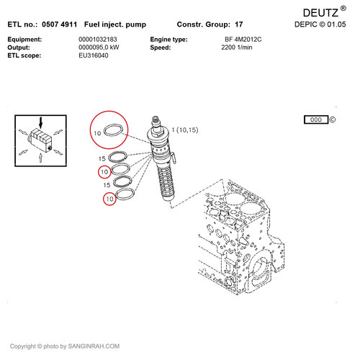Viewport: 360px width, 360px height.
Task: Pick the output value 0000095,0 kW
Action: pos(99,47)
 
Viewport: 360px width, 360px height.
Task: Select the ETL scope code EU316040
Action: pos(94,55)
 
